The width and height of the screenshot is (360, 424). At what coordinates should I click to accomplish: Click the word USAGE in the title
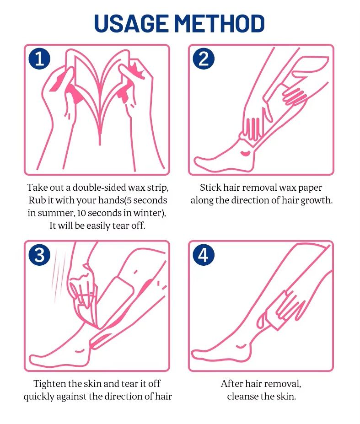[x=131, y=23]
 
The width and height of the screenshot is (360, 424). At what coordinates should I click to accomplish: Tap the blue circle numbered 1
[x=39, y=59]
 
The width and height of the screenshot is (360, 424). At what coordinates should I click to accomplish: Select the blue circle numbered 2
[x=204, y=59]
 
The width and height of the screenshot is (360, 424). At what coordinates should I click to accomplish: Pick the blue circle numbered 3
[x=39, y=255]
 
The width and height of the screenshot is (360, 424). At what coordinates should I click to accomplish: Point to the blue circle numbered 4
[x=204, y=255]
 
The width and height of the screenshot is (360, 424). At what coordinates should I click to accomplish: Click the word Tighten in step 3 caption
[x=50, y=384]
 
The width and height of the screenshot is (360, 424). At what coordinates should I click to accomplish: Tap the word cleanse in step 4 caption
[x=242, y=397]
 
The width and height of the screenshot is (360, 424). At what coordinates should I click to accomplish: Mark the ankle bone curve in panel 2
[x=245, y=153]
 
